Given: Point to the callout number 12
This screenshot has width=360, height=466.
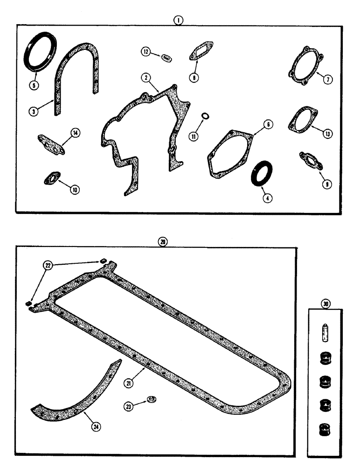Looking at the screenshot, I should tap(147, 53).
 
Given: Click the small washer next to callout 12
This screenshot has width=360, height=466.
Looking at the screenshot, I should tap(165, 58).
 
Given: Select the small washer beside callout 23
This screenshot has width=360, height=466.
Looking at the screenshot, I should tap(152, 400).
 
